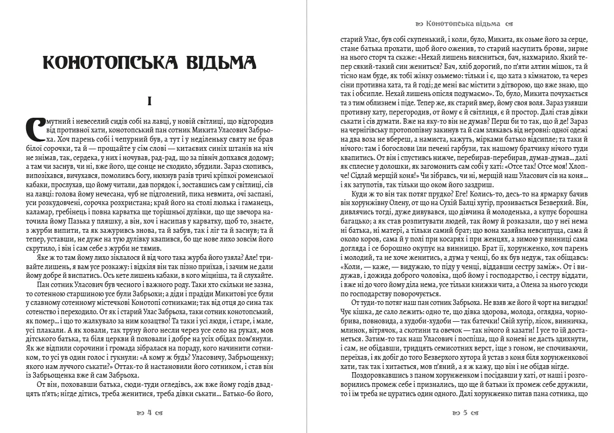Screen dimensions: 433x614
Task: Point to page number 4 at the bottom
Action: [150, 412]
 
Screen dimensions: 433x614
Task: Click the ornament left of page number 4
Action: [140, 412]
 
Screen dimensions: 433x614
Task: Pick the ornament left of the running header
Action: [419, 24]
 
